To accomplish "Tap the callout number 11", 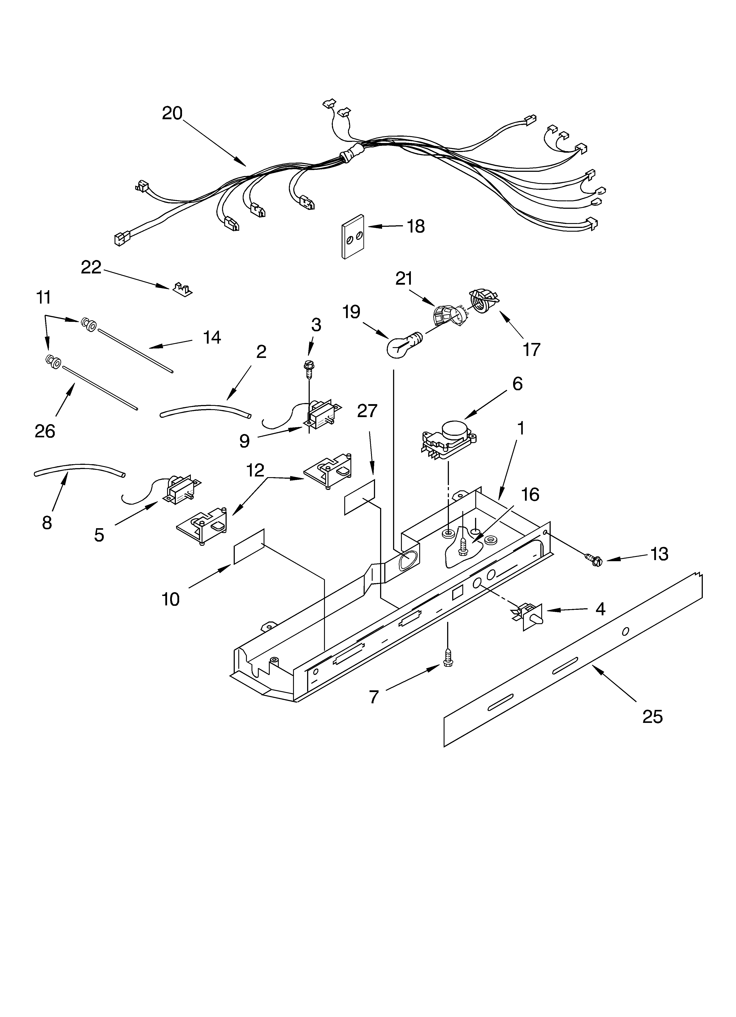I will pos(44,297).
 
